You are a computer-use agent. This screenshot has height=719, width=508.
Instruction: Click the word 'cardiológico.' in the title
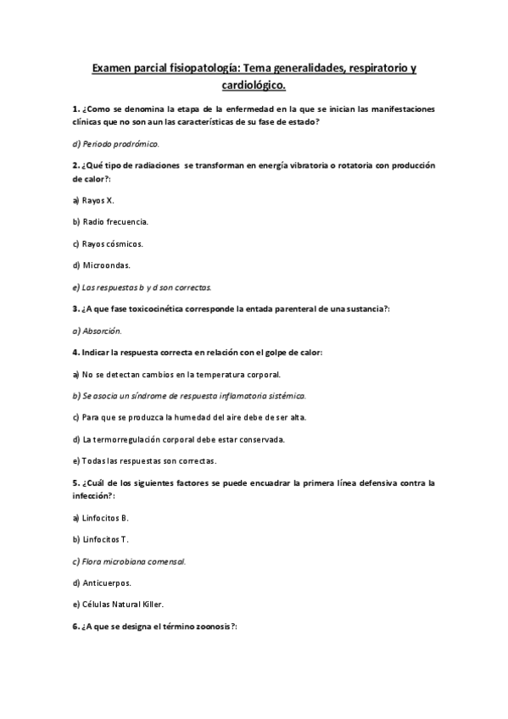pos(254,86)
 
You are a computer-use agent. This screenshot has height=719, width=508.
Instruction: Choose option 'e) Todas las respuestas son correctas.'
pos(144,461)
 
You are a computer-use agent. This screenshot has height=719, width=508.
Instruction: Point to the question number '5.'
pos(76,482)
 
